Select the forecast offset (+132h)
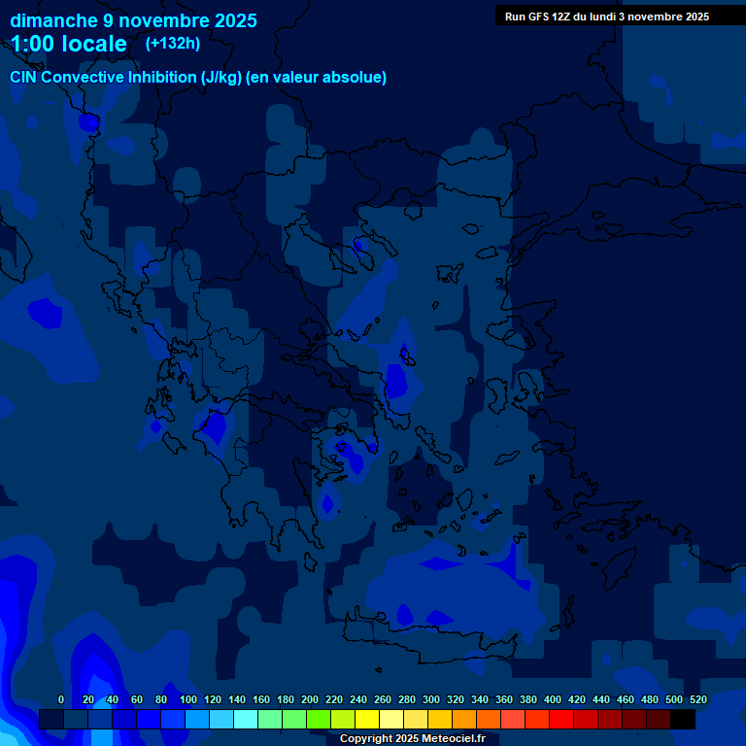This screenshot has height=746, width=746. tap(173, 43)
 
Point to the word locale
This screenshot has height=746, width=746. tap(94, 44)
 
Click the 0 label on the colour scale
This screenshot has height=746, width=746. tap(61, 699)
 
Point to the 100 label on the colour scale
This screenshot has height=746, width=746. tap(187, 699)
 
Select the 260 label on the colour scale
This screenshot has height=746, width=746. tap(382, 699)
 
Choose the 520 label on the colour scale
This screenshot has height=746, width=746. tap(697, 699)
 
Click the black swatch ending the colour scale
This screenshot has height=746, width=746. tap(683, 719)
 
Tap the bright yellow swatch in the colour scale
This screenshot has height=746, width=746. tap(366, 719)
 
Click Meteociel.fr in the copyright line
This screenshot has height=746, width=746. tap(453, 739)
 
